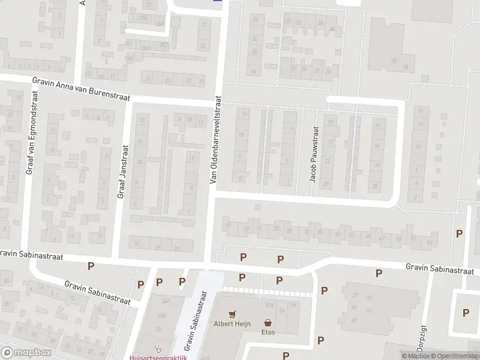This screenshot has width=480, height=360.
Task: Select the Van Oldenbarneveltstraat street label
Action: (215, 139)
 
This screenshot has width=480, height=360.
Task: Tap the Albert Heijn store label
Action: (233, 325)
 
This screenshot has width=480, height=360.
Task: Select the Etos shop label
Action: (267, 332)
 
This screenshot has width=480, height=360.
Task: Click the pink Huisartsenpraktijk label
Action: (158, 358)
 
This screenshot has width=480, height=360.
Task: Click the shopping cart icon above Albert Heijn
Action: (232, 314)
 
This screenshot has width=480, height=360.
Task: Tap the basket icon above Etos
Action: (267, 322)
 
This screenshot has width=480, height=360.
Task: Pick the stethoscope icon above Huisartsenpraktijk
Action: (158, 347)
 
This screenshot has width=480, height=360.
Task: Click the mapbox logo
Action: (26, 353)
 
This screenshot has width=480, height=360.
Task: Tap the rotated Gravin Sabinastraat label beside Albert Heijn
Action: (196, 321)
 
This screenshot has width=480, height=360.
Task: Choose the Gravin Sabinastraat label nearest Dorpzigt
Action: (439, 269)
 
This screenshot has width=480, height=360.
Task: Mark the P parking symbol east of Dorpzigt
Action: (466, 313)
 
